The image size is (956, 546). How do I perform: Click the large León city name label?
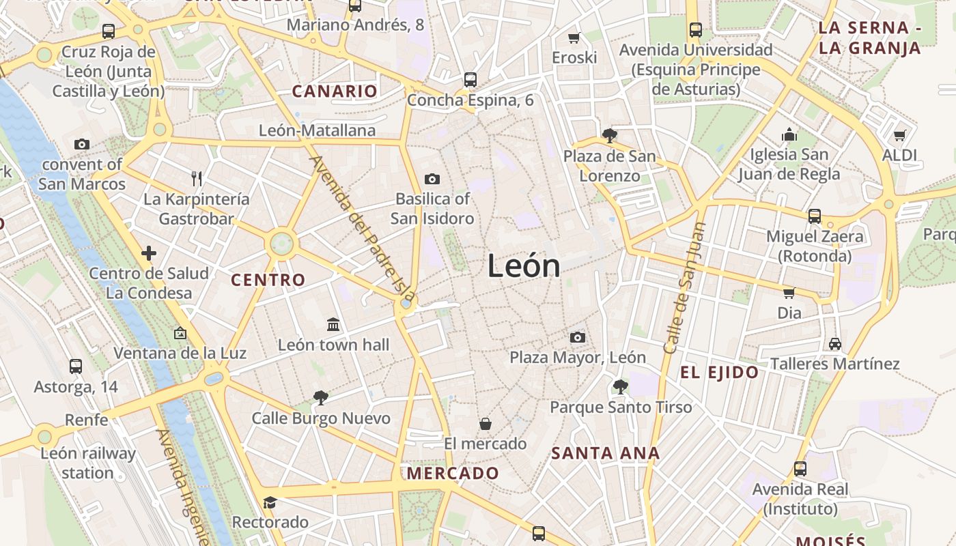click(524, 265)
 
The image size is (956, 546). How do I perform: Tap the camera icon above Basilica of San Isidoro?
click(432, 179)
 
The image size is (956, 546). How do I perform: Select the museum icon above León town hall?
click(333, 324)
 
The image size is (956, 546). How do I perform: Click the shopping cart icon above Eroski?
click(574, 38)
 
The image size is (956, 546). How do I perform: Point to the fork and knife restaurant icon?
click(197, 179)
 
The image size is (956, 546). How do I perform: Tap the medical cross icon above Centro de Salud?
click(149, 253)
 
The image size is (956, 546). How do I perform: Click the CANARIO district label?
click(335, 91)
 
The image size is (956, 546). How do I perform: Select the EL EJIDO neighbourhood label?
click(719, 372)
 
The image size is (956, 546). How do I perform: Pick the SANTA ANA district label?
click(605, 453)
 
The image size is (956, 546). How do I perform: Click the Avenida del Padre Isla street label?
click(363, 229)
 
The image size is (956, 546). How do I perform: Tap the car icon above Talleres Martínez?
click(835, 343)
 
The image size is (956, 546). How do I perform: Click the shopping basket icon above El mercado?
click(486, 424)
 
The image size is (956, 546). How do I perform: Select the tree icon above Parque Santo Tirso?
click(621, 387)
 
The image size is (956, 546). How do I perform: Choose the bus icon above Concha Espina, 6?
click(470, 79)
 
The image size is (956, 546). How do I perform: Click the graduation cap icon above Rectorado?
click(270, 502)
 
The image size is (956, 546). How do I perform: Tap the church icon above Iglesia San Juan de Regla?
click(789, 134)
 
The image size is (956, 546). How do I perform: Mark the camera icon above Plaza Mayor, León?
click(578, 337)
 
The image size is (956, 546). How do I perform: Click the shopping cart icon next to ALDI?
click(900, 135)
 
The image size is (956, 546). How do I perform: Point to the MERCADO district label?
click(453, 473)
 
